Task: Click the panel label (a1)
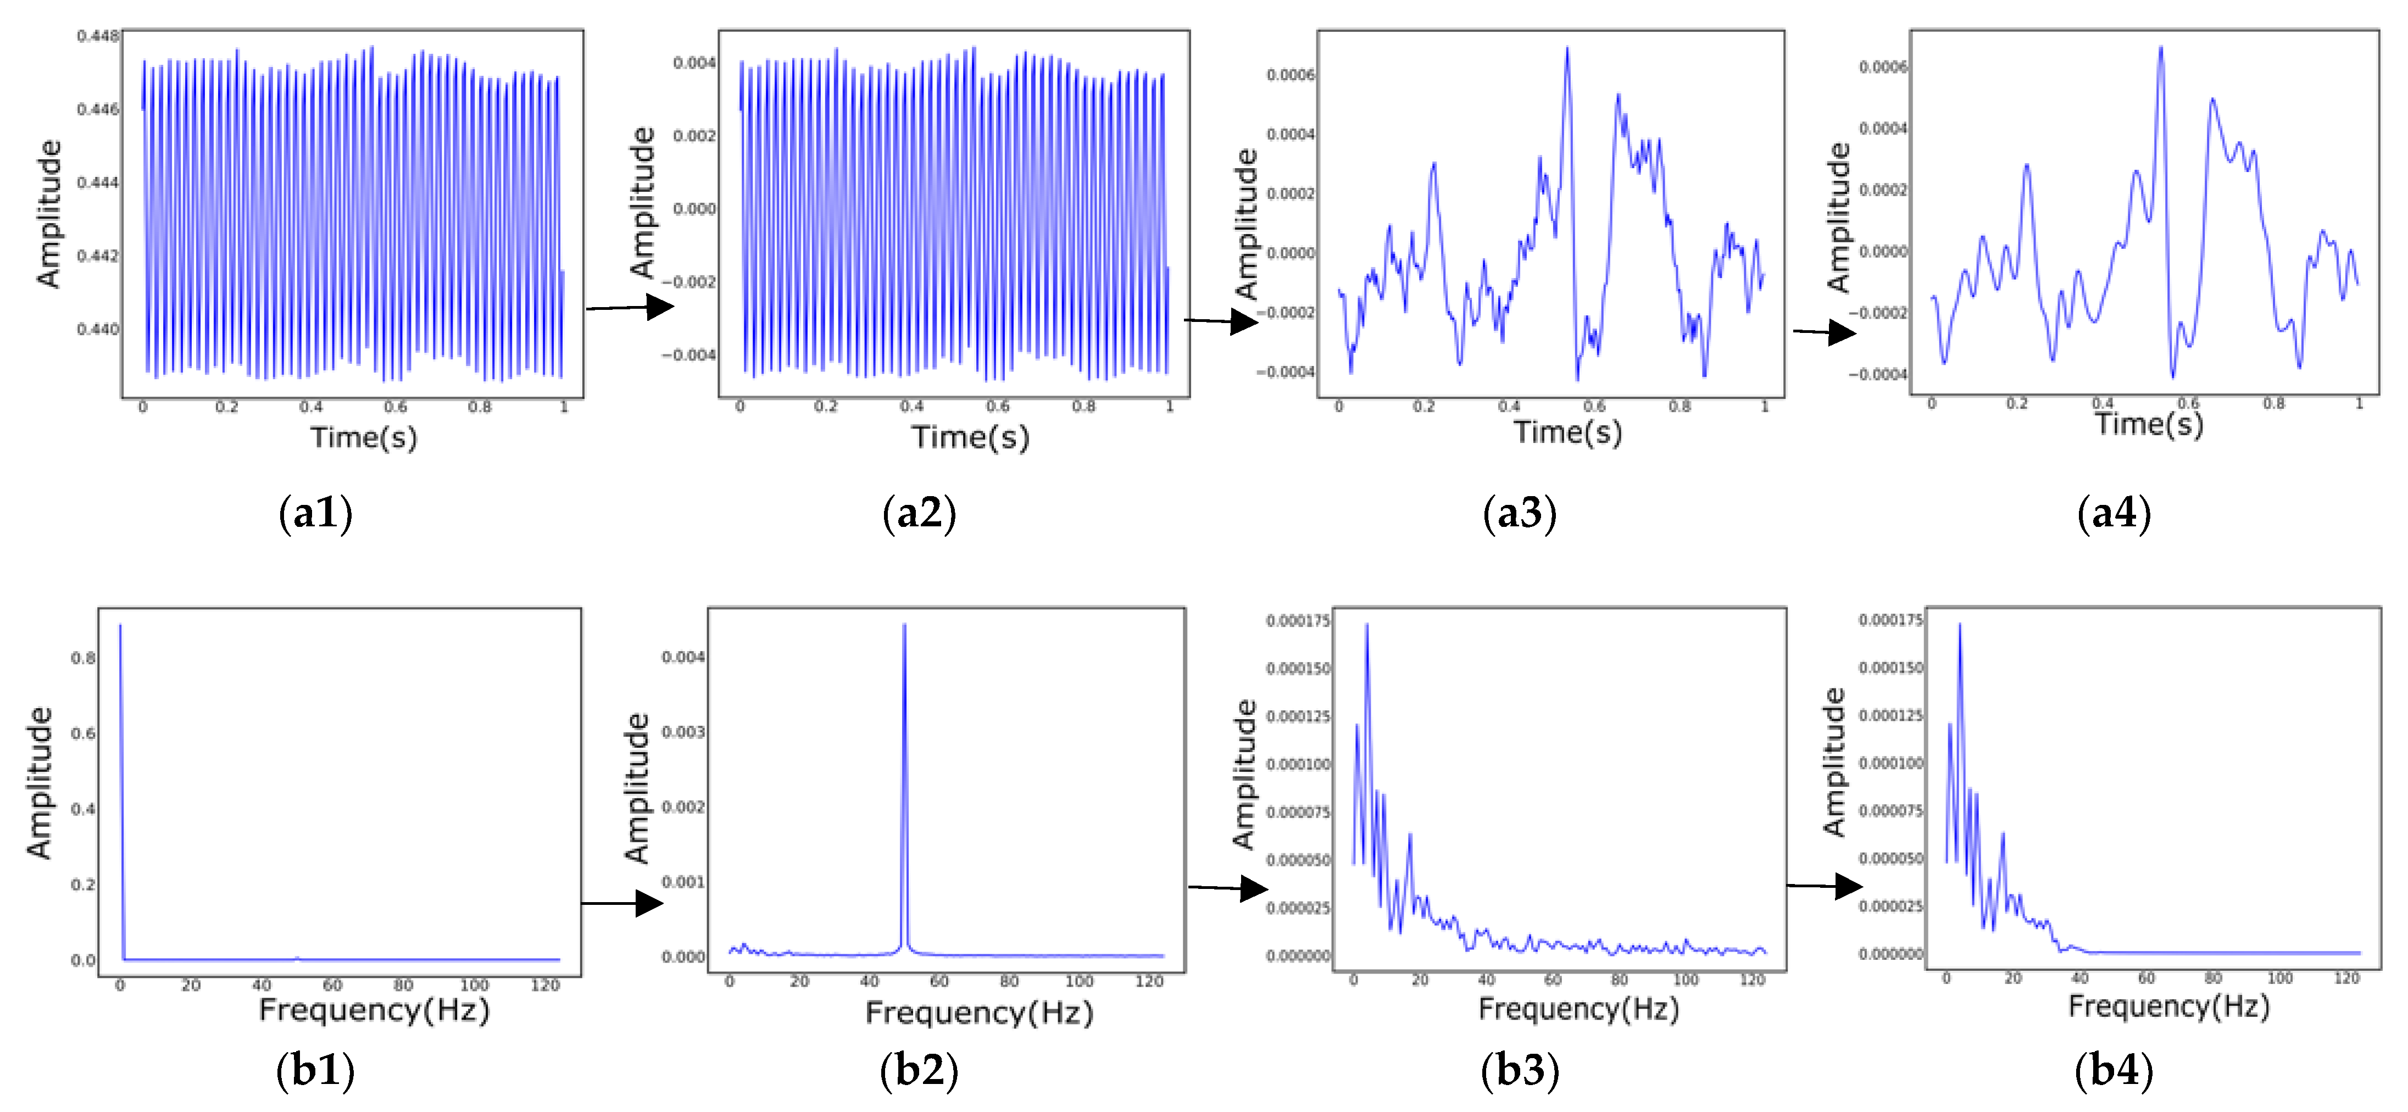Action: (x=316, y=513)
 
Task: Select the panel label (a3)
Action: (x=1520, y=513)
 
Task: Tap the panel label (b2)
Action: (x=919, y=1069)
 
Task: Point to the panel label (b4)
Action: (x=2115, y=1069)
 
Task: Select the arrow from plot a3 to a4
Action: (x=1824, y=332)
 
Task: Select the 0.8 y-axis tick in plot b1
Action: (x=83, y=658)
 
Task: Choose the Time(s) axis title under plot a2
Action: (x=970, y=437)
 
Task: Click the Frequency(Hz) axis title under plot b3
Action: (x=1579, y=1009)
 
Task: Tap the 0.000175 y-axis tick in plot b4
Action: (x=1890, y=620)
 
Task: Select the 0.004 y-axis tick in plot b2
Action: (x=683, y=657)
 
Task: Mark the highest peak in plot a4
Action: (x=2160, y=48)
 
